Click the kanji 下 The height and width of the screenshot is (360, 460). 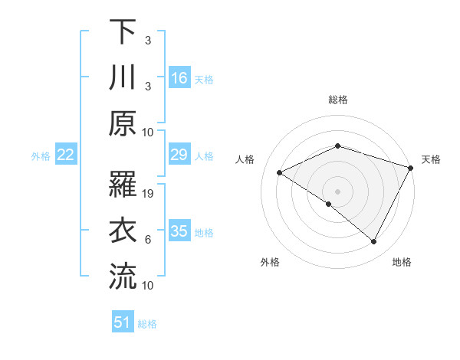[123, 31]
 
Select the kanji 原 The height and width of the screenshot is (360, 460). [123, 123]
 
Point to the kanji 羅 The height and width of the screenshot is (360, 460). [123, 185]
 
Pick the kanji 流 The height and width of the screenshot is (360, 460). [123, 277]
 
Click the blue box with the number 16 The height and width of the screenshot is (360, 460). [179, 77]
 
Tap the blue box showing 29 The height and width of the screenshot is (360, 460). [179, 155]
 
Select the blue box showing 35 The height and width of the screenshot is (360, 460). [179, 231]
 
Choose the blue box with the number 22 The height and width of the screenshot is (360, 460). [65, 155]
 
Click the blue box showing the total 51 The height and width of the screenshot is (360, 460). [123, 322]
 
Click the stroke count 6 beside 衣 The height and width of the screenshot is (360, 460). [148, 240]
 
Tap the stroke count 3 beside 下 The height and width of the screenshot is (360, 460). [148, 40]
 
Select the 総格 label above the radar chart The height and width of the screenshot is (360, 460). [338, 100]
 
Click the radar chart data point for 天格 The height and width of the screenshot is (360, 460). [411, 168]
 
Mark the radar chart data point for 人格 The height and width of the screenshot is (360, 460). [280, 173]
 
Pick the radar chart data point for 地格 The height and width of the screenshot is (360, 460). [374, 241]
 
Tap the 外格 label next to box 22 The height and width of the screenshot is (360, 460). [41, 156]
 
